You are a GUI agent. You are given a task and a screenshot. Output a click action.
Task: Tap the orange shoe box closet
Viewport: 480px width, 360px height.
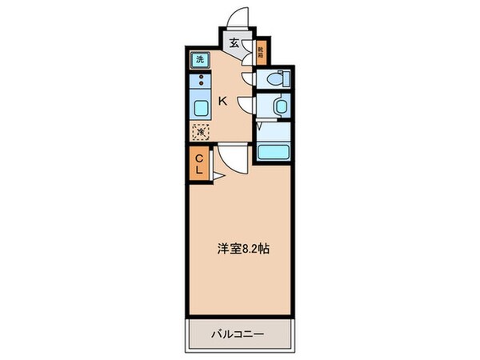pos(261,54)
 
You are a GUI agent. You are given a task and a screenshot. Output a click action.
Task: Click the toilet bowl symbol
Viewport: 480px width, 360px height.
pos(274,78)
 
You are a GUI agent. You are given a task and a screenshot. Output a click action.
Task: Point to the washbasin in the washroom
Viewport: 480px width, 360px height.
pos(280,106)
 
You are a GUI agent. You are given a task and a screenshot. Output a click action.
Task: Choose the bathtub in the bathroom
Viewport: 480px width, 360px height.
pos(273,151)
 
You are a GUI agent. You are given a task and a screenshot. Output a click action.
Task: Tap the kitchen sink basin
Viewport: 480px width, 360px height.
pos(199,107)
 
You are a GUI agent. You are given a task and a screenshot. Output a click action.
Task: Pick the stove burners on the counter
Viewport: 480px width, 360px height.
pos(199,81)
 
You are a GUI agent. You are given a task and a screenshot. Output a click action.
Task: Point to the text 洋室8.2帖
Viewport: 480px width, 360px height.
pos(241,248)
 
